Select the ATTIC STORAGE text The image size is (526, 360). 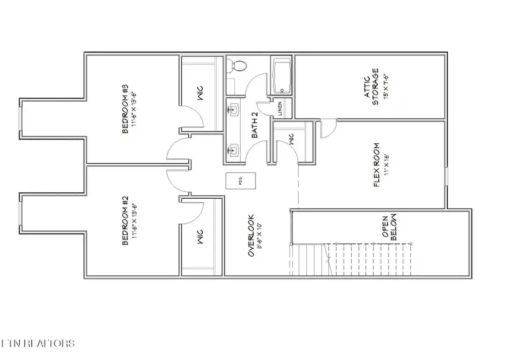coord(375,88)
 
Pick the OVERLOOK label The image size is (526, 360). coord(251,236)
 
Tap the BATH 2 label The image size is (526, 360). coord(255,125)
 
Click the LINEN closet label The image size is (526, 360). coord(280,109)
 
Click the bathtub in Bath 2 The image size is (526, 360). coord(282,76)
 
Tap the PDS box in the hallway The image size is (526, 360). coord(240,182)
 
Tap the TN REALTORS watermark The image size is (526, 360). coord(39,342)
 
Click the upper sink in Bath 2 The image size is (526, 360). coord(235,108)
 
